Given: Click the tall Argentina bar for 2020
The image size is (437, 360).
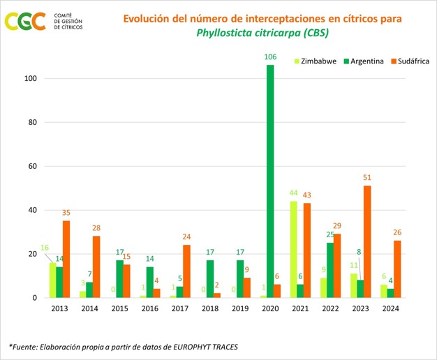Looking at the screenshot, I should tap(270, 181).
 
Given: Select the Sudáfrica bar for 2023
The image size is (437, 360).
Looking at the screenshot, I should tap(367, 241).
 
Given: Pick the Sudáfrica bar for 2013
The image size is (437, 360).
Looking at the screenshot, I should tap(66, 259).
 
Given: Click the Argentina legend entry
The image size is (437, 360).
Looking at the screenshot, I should tap(365, 61).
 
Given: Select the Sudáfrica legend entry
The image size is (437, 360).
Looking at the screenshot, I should tap(411, 61).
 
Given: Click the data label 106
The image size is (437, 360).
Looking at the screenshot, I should tap(270, 57).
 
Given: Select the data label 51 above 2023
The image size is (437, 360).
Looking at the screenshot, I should tap(367, 177).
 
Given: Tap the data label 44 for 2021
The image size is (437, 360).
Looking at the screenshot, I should tap(294, 193).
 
